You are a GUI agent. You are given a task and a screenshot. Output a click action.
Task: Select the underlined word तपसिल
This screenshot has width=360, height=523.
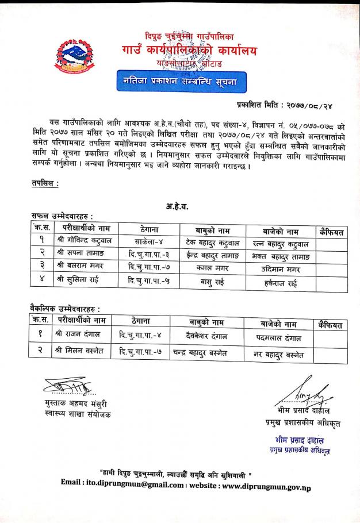(x=44, y=183)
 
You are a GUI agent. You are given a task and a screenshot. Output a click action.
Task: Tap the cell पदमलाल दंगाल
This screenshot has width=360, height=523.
(x=278, y=338)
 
